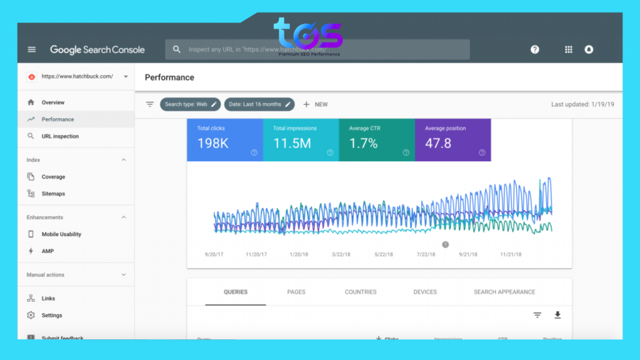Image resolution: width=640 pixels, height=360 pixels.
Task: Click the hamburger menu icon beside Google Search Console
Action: click(32, 49)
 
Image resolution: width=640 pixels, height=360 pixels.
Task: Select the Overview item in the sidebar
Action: click(52, 102)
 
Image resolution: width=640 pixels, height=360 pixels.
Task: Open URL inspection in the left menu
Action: click(60, 136)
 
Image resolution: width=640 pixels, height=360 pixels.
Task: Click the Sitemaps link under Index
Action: click(53, 194)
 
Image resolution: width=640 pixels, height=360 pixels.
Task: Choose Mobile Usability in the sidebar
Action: click(61, 234)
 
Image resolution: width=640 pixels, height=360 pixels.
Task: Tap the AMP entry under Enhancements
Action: click(47, 251)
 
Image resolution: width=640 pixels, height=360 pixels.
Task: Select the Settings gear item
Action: click(52, 316)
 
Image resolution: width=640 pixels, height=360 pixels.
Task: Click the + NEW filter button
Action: click(315, 104)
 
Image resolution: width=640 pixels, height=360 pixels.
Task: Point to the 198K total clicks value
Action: click(212, 143)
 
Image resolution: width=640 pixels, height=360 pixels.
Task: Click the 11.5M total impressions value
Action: click(292, 143)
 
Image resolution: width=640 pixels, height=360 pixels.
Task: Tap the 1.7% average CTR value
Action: click(363, 143)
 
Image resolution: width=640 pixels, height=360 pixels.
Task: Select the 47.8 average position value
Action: click(438, 143)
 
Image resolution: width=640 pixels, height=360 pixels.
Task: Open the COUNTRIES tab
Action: click(361, 292)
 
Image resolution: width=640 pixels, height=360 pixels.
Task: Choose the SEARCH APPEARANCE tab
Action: click(504, 292)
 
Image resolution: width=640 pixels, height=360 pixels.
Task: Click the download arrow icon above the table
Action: click(557, 315)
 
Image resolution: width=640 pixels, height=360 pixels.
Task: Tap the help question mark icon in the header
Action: click(535, 49)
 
